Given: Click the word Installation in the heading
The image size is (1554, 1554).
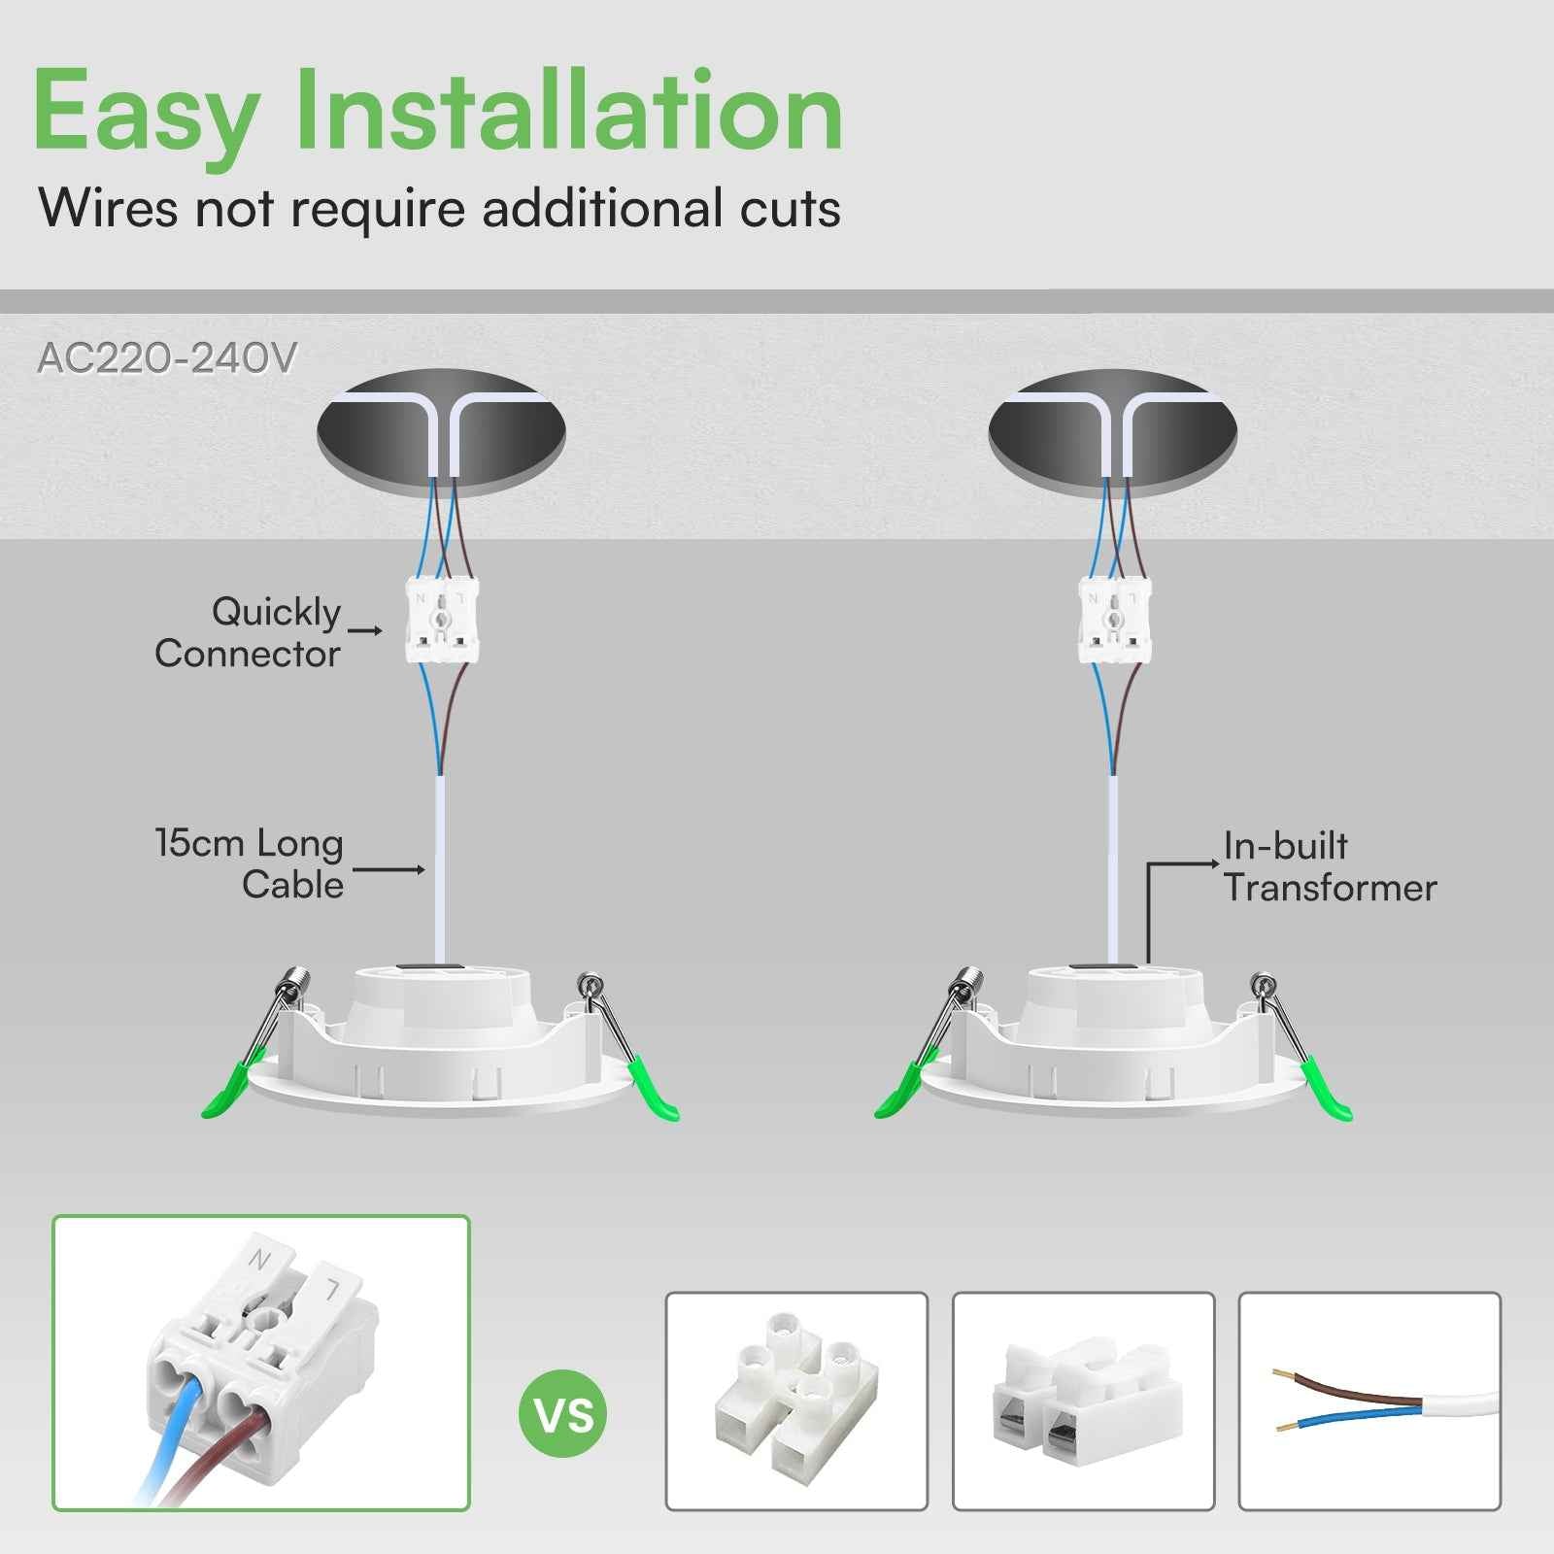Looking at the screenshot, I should tap(568, 112).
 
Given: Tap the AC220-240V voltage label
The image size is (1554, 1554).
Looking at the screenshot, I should tap(166, 358).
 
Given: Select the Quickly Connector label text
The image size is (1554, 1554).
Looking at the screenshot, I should tap(248, 632).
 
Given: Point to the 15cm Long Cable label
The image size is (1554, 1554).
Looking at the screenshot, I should tap(250, 863).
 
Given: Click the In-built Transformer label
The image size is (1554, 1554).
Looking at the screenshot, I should tap(1329, 866).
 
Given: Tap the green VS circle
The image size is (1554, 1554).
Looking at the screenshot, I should tap(563, 1414).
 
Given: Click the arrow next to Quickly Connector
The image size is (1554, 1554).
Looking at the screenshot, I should tap(366, 631).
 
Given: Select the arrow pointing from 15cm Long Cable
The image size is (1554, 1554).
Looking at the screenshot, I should tap(388, 869).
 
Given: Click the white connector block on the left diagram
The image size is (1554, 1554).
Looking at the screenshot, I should tap(442, 621).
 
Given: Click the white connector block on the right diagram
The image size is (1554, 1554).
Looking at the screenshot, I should tap(1114, 621).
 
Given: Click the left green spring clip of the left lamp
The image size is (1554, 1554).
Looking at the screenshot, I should tap(228, 1093).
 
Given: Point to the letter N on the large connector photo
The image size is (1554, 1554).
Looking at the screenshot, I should tap(258, 1260).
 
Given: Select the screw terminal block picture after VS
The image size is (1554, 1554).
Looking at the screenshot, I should tap(796, 1401).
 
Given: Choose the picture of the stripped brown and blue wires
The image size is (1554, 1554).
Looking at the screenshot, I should tap(1369, 1401).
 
